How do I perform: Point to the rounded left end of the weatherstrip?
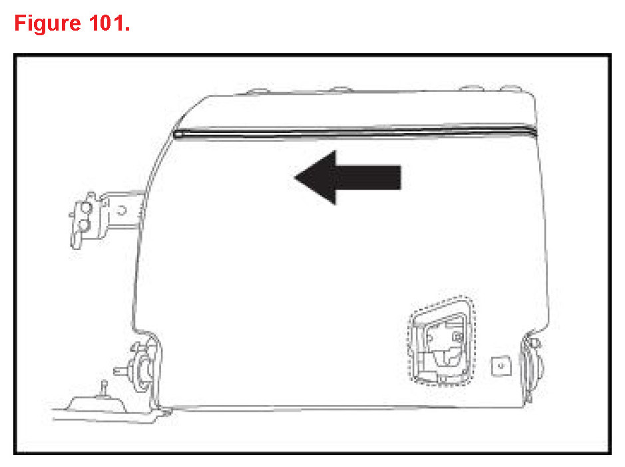[x=178, y=134]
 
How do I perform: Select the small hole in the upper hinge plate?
[x=122, y=210]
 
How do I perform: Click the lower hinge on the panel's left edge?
[x=142, y=367]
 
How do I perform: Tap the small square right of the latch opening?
[x=499, y=364]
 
